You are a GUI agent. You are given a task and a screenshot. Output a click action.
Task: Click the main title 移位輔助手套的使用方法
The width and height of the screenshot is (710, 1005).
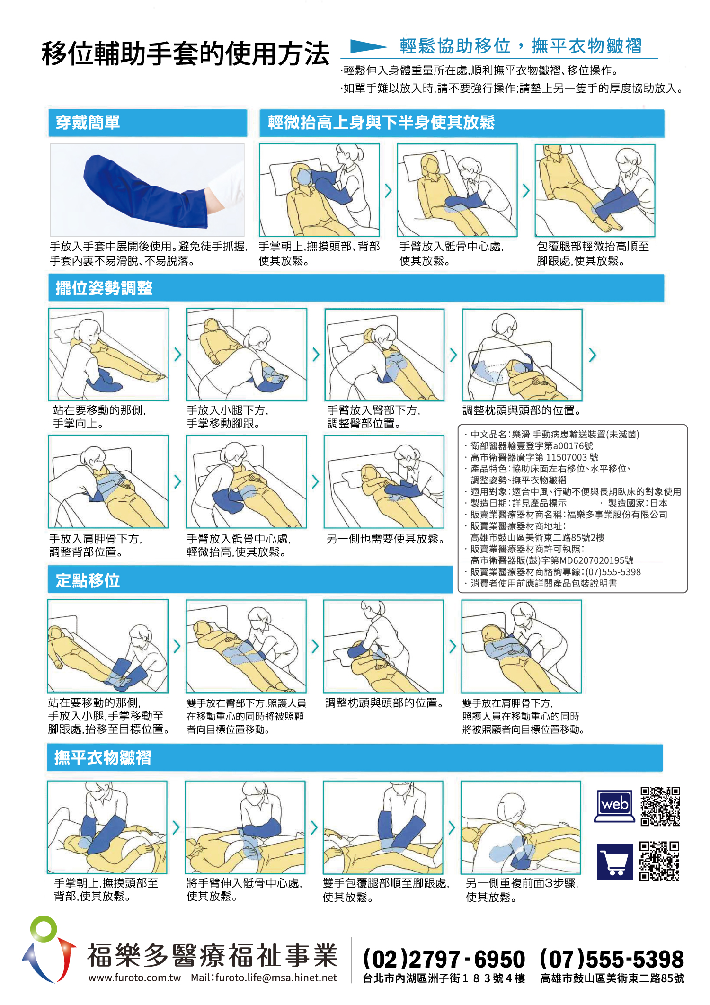(186, 53)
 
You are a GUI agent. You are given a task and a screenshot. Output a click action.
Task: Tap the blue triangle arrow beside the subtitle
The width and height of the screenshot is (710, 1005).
(368, 46)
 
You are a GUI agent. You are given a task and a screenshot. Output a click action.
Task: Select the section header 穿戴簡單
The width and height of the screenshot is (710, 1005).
(88, 123)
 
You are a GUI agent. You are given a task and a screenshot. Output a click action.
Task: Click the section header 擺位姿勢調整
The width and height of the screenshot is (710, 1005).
(104, 288)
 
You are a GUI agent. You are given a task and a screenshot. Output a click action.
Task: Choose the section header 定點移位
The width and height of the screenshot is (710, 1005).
(88, 580)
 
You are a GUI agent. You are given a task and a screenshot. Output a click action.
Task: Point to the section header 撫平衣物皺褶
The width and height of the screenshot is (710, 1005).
(103, 757)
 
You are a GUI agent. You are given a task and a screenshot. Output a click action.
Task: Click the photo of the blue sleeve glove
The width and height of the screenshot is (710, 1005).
(147, 189)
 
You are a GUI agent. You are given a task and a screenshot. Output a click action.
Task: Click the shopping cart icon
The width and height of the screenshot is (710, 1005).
(615, 862)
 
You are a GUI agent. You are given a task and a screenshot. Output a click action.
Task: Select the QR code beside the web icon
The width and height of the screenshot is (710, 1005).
(660, 806)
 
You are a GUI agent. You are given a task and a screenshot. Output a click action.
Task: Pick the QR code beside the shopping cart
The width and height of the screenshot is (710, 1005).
(659, 861)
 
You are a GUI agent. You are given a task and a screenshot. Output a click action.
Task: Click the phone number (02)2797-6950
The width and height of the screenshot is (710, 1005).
(444, 959)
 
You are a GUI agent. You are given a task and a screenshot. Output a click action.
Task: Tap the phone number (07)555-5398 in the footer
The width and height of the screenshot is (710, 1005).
(612, 959)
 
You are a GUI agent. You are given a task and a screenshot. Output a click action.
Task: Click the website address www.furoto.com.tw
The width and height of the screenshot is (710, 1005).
(135, 978)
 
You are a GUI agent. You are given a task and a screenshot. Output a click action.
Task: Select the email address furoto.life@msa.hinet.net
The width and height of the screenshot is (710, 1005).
(276, 978)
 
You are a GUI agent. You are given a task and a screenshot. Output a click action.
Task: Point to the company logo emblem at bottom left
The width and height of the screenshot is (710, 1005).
(49, 949)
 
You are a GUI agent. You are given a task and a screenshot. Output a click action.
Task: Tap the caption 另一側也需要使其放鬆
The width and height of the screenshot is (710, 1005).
(386, 539)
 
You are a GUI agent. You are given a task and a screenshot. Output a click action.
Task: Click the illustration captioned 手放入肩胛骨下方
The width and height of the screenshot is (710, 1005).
(108, 481)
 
